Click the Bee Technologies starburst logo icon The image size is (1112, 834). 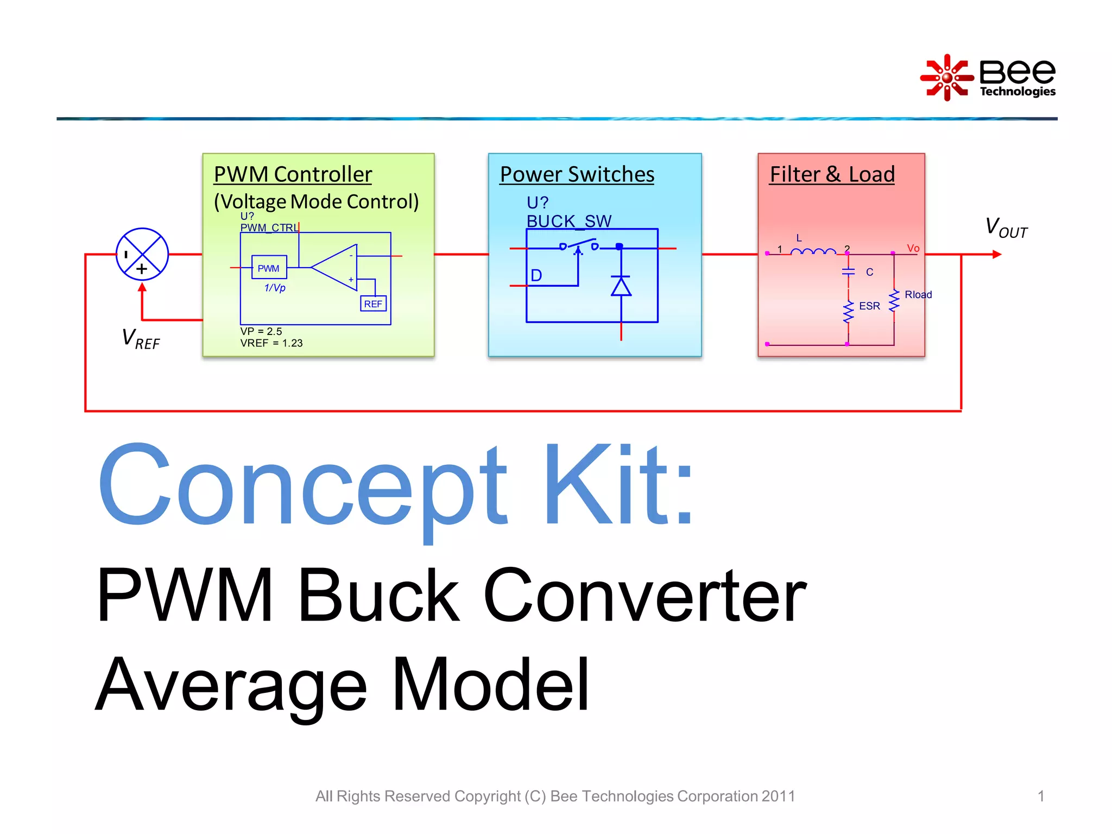[x=946, y=78]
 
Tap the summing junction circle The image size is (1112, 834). [x=142, y=254]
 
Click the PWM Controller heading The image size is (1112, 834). [x=293, y=174]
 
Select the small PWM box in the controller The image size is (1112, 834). [x=269, y=268]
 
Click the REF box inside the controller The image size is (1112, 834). [x=373, y=304]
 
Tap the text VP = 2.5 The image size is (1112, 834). [x=261, y=331]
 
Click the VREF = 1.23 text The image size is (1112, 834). [x=271, y=343]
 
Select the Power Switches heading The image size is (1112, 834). [x=577, y=174]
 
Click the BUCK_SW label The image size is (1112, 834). [x=568, y=221]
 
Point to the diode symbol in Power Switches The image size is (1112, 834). [x=621, y=286]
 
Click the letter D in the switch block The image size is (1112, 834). [x=536, y=275]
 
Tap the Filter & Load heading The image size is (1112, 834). [x=832, y=174]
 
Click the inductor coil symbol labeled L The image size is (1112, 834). [x=813, y=251]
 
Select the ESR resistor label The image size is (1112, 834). [x=869, y=306]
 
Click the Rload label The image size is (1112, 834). [x=918, y=294]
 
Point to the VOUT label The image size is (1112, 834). [x=1006, y=228]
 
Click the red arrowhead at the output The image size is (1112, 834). [x=996, y=254]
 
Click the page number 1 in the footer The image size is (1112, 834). [x=1041, y=796]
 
